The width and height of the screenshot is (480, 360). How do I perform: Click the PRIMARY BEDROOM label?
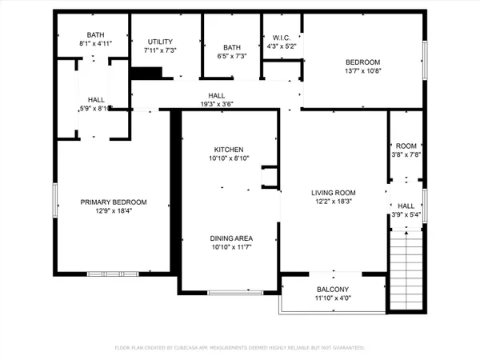point(113,202)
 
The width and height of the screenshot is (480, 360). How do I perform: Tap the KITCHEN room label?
point(228,150)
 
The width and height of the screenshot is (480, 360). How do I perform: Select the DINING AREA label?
point(231,238)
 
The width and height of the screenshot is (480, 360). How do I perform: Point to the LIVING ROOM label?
point(333,192)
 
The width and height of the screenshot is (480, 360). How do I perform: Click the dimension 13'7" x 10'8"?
point(362,71)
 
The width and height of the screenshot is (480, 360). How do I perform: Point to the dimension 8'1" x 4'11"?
point(96,44)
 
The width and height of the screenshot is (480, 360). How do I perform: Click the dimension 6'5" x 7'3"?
point(232,56)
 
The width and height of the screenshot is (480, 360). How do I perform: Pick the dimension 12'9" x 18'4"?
point(113,211)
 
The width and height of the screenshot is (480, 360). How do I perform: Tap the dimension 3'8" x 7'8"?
point(406,155)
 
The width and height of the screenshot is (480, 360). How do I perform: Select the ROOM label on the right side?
point(406,146)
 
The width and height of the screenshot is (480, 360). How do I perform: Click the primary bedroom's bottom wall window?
point(113,274)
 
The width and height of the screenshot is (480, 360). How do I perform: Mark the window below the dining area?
point(235,292)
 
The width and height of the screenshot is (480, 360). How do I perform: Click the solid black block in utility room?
point(146,74)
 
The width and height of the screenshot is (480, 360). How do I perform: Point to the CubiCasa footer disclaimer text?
point(240,348)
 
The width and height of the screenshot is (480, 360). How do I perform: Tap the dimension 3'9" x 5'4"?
point(406,214)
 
